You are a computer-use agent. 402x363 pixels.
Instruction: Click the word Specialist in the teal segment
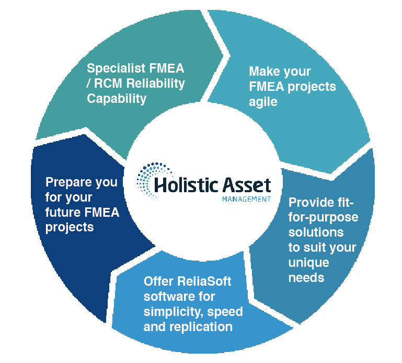[116, 68]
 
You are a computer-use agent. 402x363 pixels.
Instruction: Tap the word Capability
[117, 99]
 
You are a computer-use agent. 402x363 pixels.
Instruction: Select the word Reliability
[156, 84]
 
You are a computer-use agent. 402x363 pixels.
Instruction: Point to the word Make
[264, 71]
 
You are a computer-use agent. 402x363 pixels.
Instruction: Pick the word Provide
[309, 202]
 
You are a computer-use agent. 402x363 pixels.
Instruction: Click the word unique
[308, 263]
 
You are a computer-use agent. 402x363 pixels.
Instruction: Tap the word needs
[306, 278]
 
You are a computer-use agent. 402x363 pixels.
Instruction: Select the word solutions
[316, 232]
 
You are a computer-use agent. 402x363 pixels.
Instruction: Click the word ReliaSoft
[204, 282]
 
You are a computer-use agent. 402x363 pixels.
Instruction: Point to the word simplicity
[174, 312]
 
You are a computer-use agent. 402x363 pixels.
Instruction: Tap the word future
[63, 213]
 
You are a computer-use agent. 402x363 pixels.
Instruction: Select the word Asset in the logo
[246, 185]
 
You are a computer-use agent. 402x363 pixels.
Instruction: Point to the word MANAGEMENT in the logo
[246, 199]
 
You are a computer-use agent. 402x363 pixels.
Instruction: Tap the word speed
[225, 312]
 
